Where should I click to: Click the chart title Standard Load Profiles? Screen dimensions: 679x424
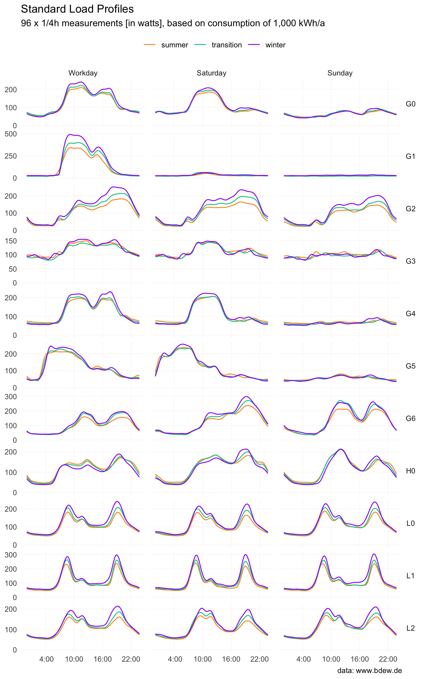click(x=77, y=9)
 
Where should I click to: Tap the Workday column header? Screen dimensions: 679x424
click(x=83, y=73)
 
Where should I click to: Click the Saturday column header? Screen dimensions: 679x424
click(x=211, y=73)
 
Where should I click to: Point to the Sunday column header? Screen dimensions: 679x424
click(x=340, y=73)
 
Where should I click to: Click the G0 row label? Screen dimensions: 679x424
click(x=410, y=104)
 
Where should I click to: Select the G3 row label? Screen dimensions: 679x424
click(x=410, y=261)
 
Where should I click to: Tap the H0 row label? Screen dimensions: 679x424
click(x=410, y=471)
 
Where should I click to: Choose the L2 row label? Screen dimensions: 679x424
click(x=410, y=628)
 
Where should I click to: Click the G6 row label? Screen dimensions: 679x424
click(x=410, y=418)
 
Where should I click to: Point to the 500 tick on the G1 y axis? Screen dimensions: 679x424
click(x=11, y=134)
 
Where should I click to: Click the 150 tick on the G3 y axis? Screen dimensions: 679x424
click(x=11, y=241)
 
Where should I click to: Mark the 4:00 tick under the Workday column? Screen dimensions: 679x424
click(x=46, y=659)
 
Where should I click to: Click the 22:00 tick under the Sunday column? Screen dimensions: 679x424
click(x=388, y=659)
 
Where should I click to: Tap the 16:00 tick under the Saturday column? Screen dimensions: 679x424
click(x=231, y=659)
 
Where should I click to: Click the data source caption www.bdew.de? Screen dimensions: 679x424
click(x=369, y=670)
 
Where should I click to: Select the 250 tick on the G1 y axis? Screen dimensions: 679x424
click(x=11, y=156)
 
